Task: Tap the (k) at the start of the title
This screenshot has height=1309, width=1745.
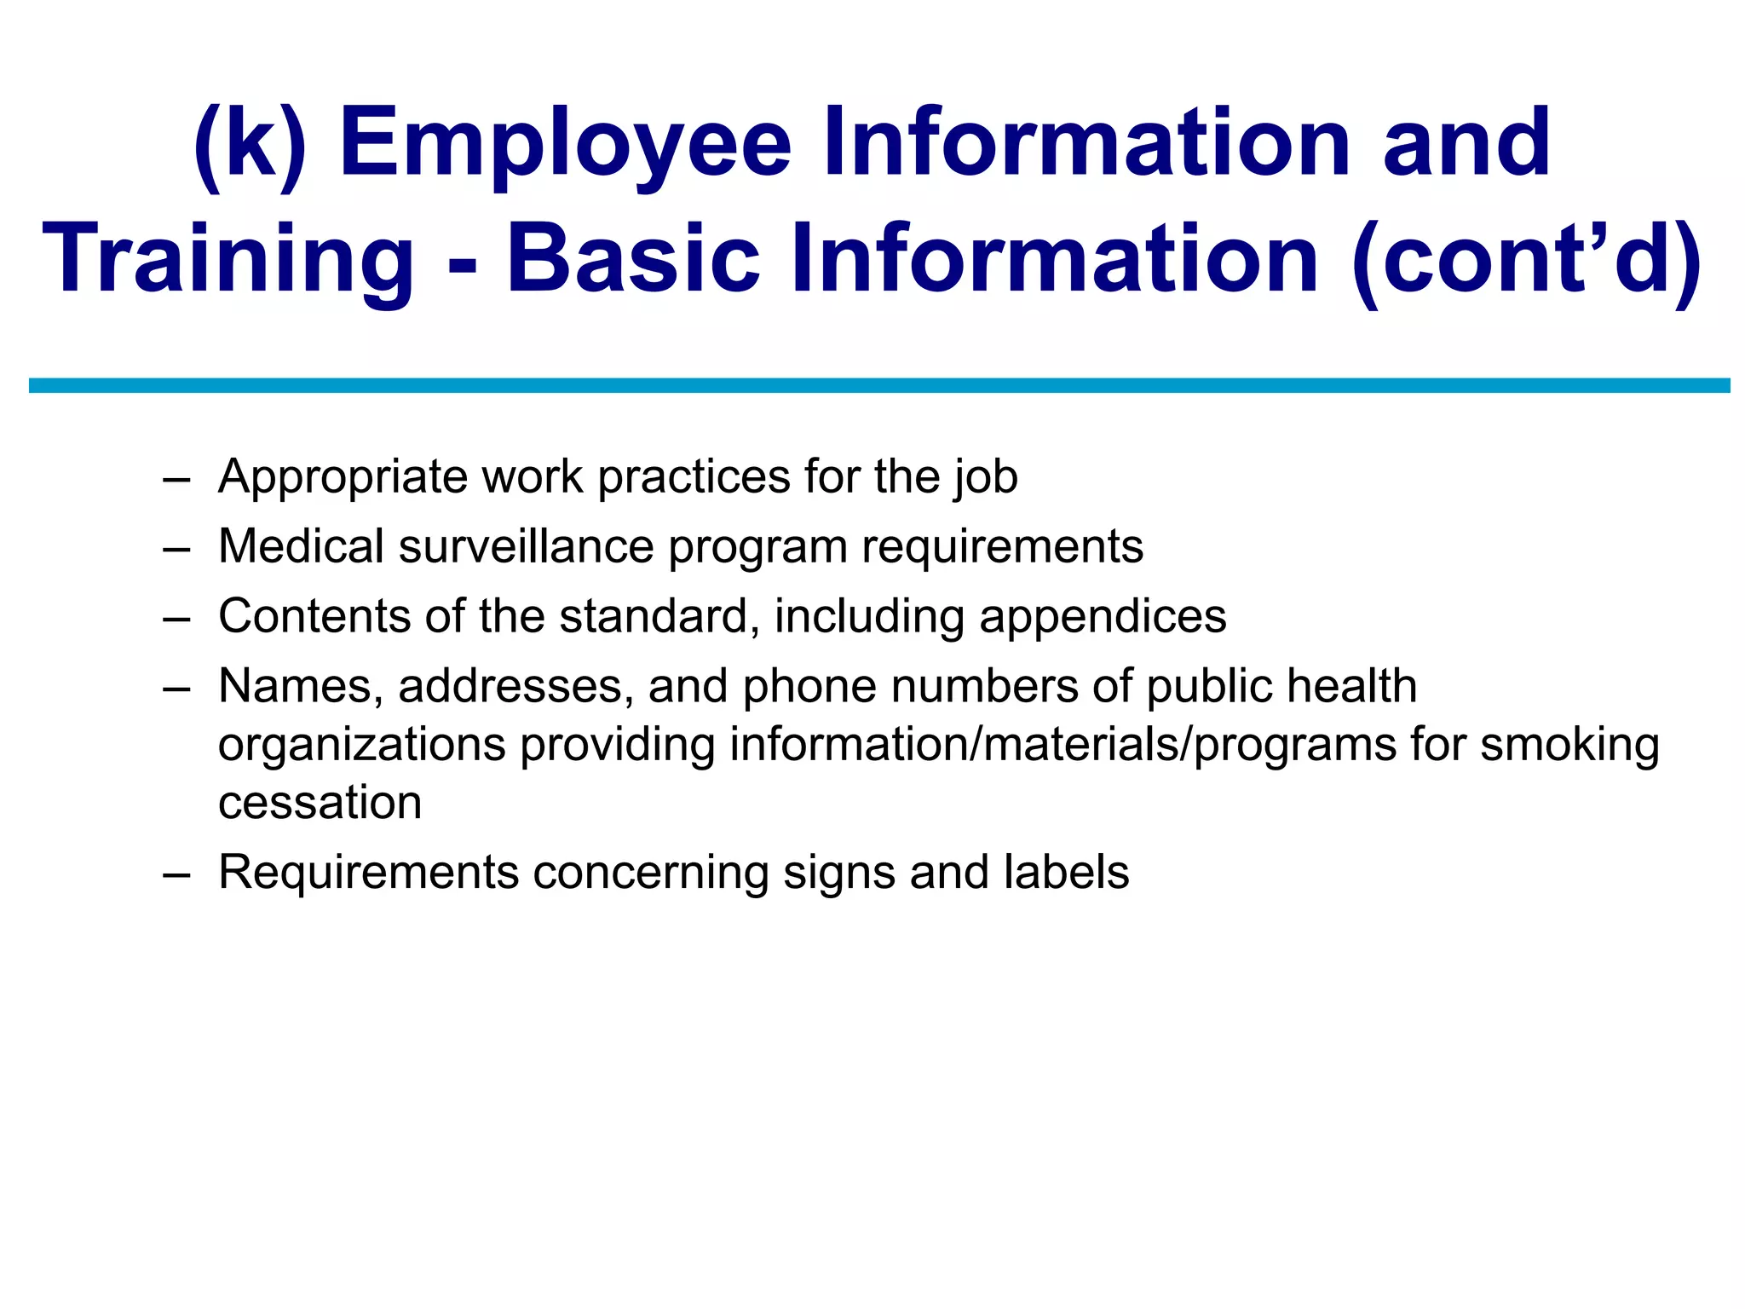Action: click(249, 145)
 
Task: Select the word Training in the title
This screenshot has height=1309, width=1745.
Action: click(227, 260)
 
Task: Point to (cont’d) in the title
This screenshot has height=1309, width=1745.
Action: click(1526, 260)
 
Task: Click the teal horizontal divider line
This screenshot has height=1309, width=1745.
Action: click(879, 385)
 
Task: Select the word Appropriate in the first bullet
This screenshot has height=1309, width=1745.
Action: click(343, 477)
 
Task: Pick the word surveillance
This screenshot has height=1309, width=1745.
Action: click(526, 546)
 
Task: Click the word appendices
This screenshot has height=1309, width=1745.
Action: click(1103, 618)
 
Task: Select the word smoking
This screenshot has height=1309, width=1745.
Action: click(1569, 746)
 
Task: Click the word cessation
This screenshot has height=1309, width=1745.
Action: click(320, 803)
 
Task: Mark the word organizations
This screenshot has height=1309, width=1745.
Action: click(362, 746)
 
